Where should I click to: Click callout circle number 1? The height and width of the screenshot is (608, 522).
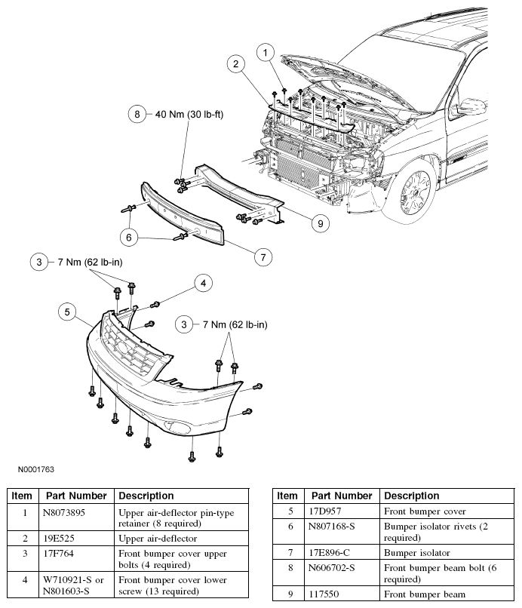266,52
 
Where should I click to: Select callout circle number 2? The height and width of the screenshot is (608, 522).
236,63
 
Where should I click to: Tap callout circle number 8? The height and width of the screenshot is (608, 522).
137,114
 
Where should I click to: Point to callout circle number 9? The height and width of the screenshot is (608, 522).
321,223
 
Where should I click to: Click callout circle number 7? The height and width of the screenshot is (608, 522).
263,257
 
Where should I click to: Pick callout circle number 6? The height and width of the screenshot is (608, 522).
129,238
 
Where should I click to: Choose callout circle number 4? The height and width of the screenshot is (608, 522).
203,283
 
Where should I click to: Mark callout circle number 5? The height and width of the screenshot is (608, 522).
67,312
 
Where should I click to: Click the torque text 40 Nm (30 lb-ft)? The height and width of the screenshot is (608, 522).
189,115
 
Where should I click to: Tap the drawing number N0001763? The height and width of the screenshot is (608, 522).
36,469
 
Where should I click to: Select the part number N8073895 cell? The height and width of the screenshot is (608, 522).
63,513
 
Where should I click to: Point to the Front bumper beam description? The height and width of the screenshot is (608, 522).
424,594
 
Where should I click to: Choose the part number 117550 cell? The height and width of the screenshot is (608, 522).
324,594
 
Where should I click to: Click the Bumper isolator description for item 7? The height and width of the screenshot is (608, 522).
417,552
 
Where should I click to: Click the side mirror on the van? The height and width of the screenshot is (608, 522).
471,106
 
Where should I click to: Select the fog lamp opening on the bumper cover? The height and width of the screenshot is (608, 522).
177,426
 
